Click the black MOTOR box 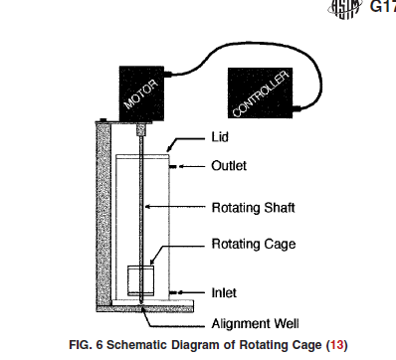[x=141, y=93]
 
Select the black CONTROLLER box [x=261, y=92]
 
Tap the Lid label [x=220, y=137]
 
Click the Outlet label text [x=229, y=166]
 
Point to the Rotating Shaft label [x=254, y=208]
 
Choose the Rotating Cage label [x=254, y=244]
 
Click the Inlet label [x=224, y=292]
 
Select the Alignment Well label [x=255, y=323]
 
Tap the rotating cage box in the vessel [x=141, y=280]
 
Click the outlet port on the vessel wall [x=173, y=166]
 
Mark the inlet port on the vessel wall [x=173, y=292]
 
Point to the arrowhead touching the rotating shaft [x=148, y=207]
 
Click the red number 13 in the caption [x=336, y=345]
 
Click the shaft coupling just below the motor [x=141, y=129]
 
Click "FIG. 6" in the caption [x=86, y=345]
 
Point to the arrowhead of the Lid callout [x=169, y=148]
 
